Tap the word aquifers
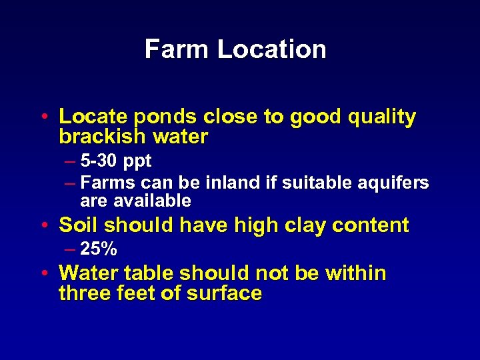coord(397,183)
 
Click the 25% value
coord(99,250)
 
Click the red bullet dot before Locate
coord(44,117)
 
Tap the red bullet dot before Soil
coord(44,225)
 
